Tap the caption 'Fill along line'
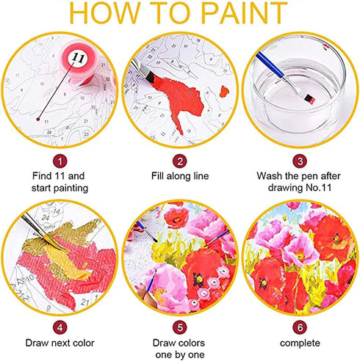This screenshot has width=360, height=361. (180, 177)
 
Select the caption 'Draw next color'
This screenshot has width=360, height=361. (60, 343)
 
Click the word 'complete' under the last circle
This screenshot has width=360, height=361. (300, 343)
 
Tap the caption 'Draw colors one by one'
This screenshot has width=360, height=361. (180, 349)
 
